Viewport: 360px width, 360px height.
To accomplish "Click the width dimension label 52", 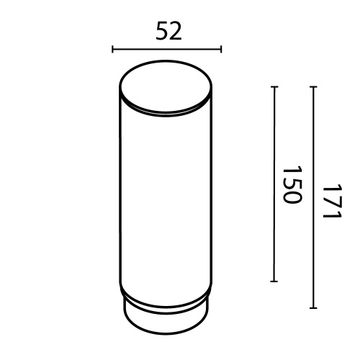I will (167, 31).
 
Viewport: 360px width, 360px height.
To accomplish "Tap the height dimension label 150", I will (289, 184).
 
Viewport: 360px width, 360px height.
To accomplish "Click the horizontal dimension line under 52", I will (167, 50).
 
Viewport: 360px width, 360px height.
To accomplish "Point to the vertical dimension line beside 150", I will (274, 184).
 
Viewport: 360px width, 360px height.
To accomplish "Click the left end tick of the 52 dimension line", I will (113, 50).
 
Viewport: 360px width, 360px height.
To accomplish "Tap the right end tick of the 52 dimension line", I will (221, 50).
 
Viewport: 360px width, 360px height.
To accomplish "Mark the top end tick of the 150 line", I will (274, 87).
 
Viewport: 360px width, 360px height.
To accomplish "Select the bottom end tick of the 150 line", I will (274, 282).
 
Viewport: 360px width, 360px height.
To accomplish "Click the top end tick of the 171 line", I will (313, 87).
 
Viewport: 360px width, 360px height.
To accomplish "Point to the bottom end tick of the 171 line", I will (313, 307).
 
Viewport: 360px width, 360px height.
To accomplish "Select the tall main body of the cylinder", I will (166, 202).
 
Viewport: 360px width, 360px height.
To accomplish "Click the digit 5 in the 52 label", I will (161, 31).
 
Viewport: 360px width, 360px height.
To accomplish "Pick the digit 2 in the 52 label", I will (175, 31).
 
